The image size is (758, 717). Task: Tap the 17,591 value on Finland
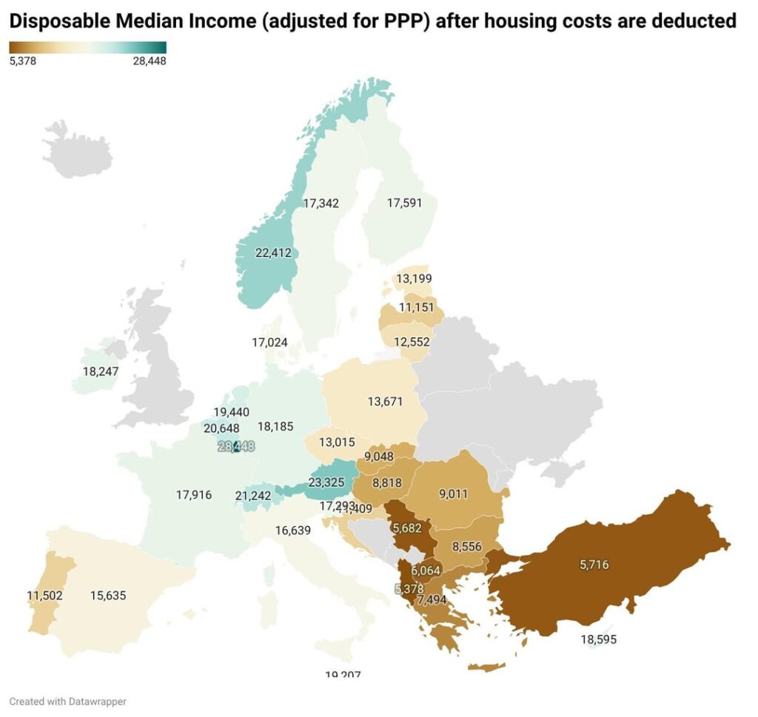pyautogui.click(x=404, y=202)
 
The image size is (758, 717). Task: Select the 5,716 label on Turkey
pyautogui.click(x=596, y=565)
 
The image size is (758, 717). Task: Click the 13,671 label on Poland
pyautogui.click(x=386, y=402)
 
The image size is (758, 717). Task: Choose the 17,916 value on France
pyautogui.click(x=194, y=495)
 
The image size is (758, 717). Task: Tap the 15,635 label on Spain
pyautogui.click(x=109, y=595)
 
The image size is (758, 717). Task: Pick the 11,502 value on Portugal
pyautogui.click(x=44, y=595)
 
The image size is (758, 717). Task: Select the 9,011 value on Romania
pyautogui.click(x=453, y=494)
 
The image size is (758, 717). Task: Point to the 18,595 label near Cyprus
pyautogui.click(x=599, y=639)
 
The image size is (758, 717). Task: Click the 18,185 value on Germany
pyautogui.click(x=275, y=427)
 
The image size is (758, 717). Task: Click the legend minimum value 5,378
pyautogui.click(x=23, y=61)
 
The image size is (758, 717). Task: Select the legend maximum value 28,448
pyautogui.click(x=149, y=61)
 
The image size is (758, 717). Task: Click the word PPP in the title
pyautogui.click(x=404, y=21)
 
